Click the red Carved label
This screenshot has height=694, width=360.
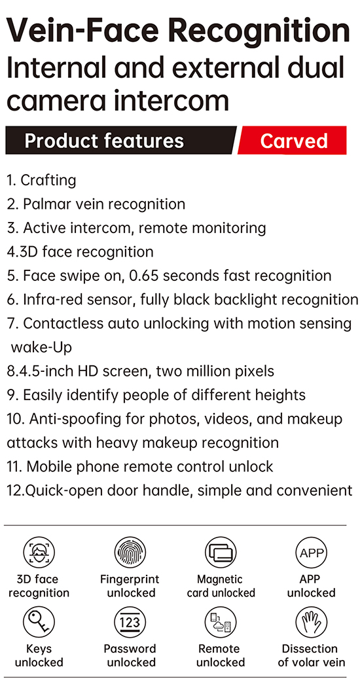tap(293, 140)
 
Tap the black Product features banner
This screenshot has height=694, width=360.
tap(120, 140)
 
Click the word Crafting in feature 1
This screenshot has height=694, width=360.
tap(48, 181)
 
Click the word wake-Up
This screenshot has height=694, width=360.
tap(41, 348)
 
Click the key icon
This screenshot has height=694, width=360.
tap(39, 622)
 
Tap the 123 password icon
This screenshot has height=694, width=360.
tap(130, 622)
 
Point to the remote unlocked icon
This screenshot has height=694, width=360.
tap(221, 622)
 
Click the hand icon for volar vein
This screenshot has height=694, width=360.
tap(312, 622)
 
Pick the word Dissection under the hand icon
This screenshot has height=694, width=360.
tap(310, 649)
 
